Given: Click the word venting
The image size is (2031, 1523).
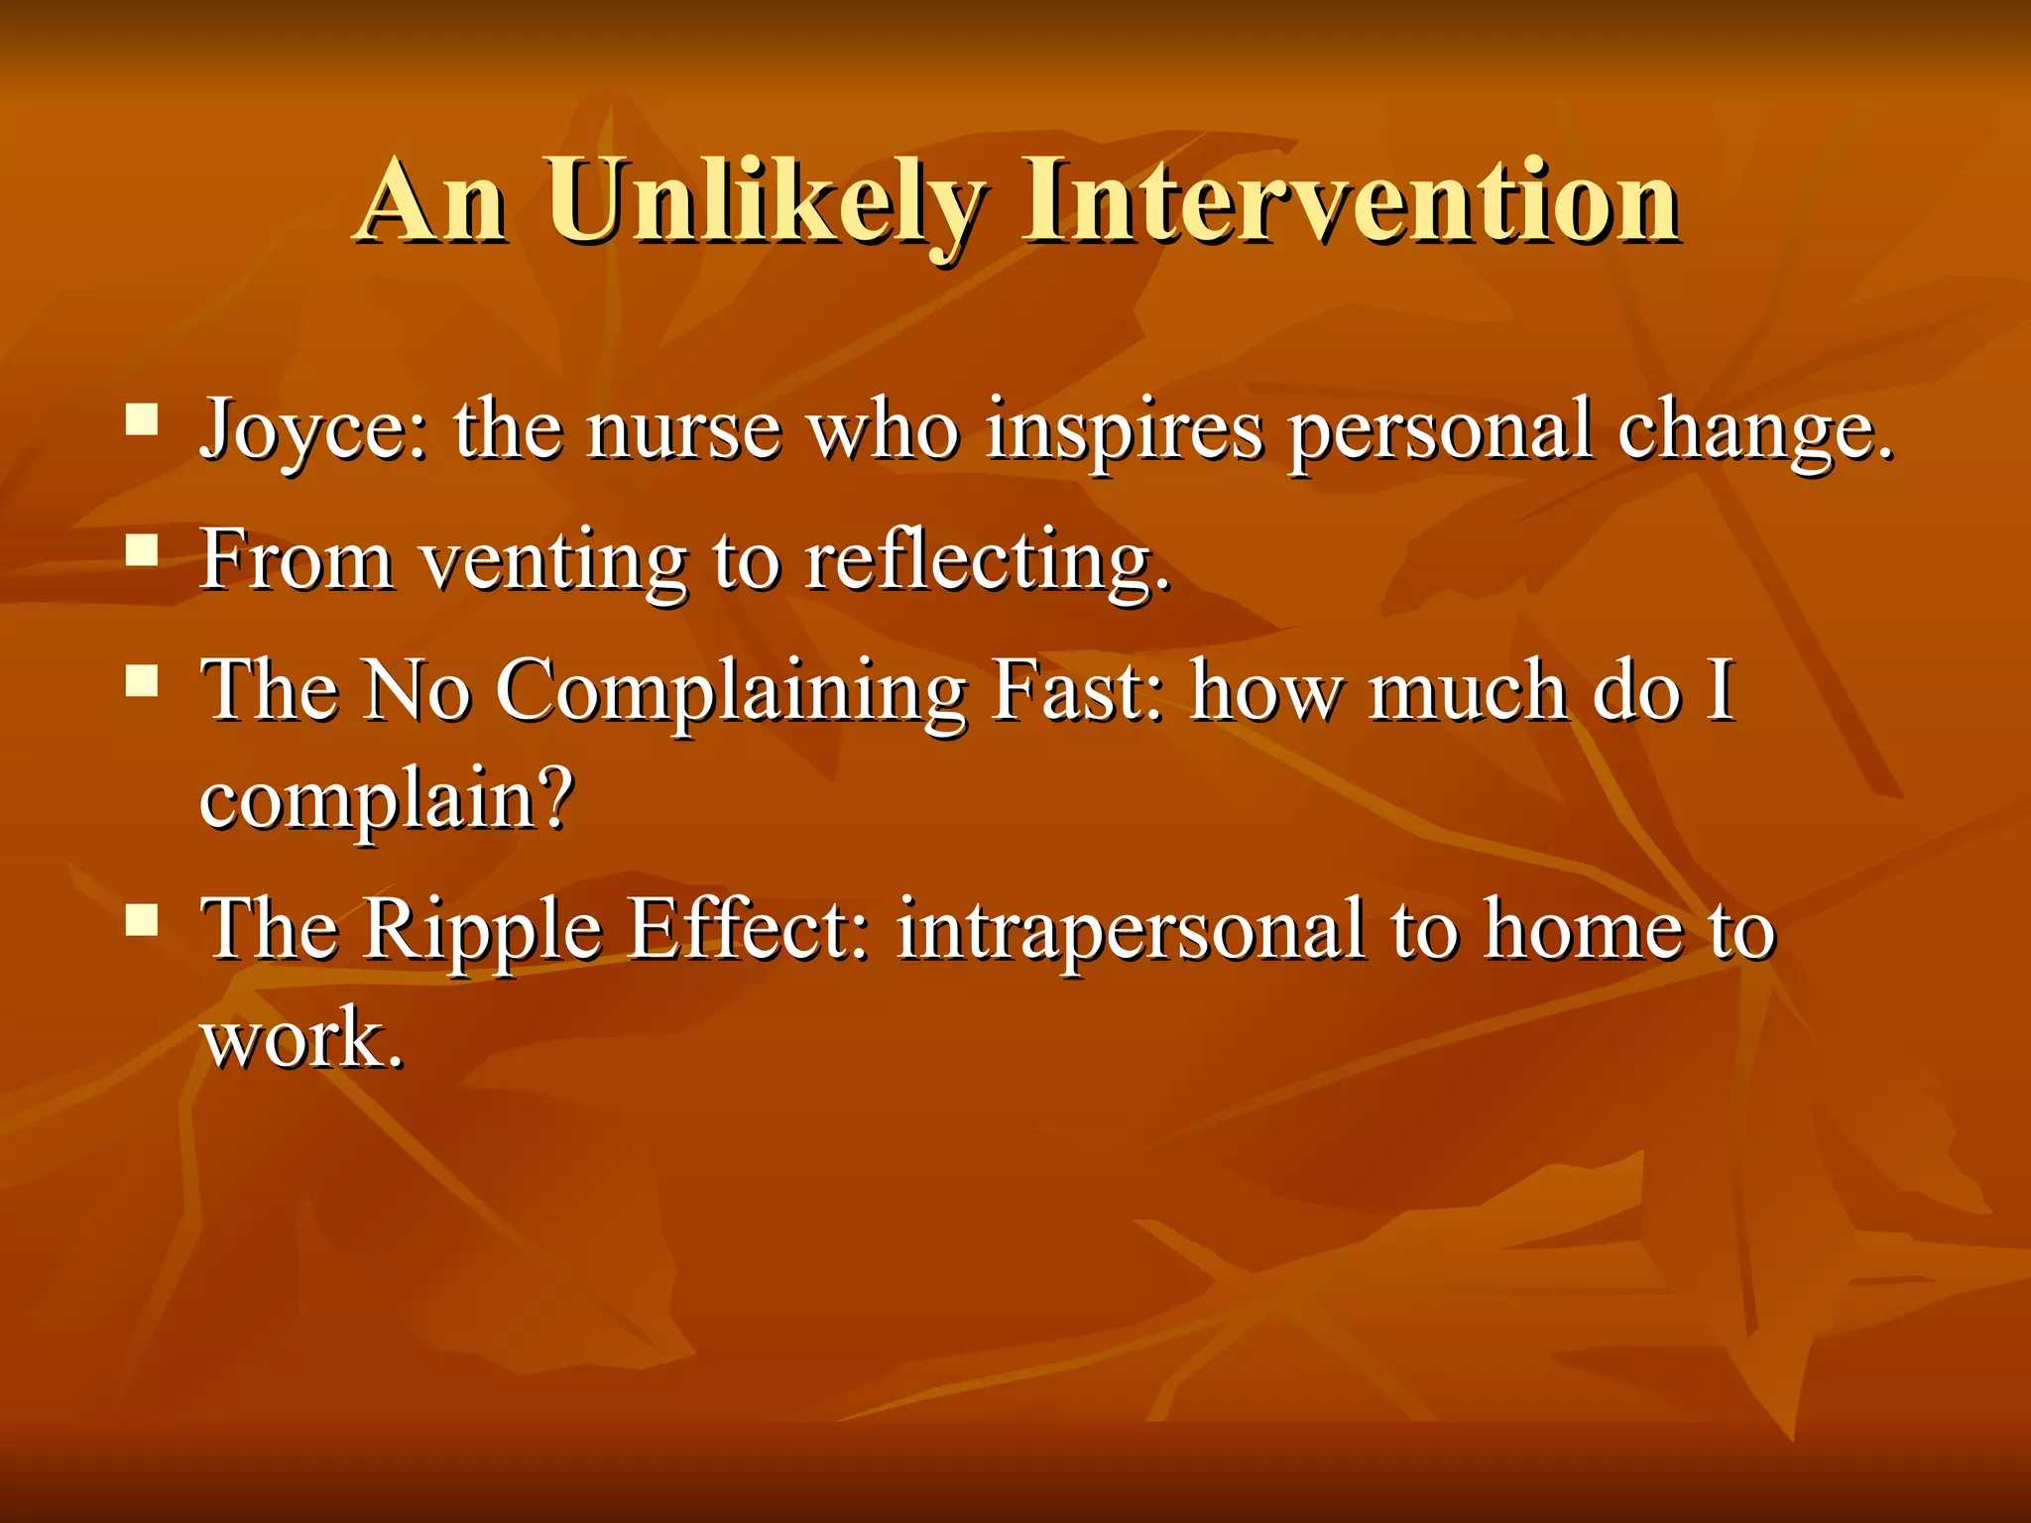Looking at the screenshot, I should [x=553, y=561].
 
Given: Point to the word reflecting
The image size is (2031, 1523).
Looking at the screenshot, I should [x=986, y=561].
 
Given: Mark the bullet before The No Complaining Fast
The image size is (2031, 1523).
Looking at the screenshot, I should [x=143, y=681].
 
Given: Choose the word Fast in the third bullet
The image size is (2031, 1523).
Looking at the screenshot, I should [x=1076, y=691].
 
